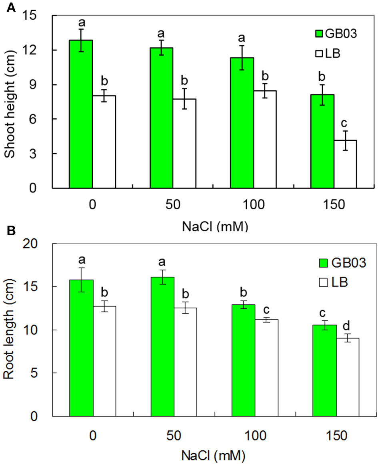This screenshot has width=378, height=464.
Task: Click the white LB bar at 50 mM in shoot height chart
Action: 185,143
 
